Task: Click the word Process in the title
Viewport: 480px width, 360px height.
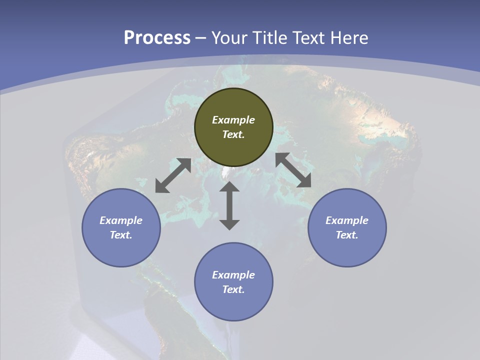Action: point(157,38)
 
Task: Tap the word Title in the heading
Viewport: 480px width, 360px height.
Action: point(270,38)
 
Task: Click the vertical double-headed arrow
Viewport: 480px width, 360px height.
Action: point(229,205)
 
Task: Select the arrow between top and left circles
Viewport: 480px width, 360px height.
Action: point(173,175)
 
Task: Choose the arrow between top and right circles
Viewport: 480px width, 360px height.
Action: point(293,170)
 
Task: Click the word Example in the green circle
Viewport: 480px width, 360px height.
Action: point(233,120)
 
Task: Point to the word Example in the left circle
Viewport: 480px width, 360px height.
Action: point(121,220)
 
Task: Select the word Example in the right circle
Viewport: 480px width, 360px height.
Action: point(347,220)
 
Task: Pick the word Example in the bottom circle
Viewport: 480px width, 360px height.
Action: point(233,275)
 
